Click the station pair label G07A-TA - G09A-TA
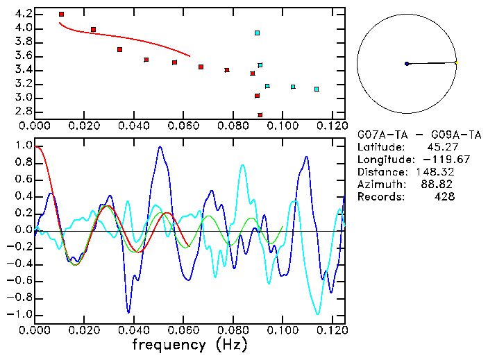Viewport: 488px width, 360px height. tap(405, 135)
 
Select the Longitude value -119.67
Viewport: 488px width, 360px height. tap(435, 160)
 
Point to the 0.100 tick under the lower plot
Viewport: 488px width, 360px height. tap(282, 330)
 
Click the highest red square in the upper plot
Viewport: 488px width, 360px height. tap(61, 14)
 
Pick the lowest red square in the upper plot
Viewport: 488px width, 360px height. tap(260, 115)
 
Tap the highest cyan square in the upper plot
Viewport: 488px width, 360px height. tap(257, 33)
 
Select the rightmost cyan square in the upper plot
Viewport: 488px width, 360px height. tap(317, 89)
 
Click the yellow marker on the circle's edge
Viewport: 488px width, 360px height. tap(456, 63)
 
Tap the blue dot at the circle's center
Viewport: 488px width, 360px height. tap(407, 64)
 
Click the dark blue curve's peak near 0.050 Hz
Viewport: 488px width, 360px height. tap(160, 147)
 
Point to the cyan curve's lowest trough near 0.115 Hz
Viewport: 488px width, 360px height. tap(319, 314)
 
